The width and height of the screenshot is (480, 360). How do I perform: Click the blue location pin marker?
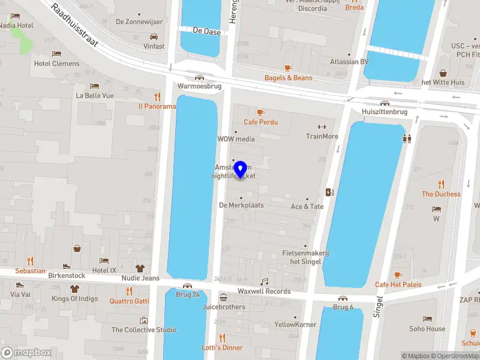(x=241, y=169)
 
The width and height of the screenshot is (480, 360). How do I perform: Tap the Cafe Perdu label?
(x=260, y=122)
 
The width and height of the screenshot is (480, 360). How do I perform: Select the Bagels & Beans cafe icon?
(x=288, y=68)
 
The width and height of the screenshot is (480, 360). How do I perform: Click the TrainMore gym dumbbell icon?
(x=322, y=127)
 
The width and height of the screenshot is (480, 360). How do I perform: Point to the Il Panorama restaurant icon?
(x=158, y=96)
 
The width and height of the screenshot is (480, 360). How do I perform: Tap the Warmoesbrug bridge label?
(x=199, y=86)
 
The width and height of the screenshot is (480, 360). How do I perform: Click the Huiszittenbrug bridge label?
(x=385, y=112)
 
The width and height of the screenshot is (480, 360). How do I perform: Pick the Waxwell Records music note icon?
(x=264, y=281)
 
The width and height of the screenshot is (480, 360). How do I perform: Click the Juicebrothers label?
(x=224, y=307)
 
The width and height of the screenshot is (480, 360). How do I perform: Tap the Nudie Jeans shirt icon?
(x=140, y=268)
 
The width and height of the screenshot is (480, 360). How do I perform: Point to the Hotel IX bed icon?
(x=104, y=261)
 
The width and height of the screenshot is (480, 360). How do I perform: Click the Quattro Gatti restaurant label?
(x=129, y=301)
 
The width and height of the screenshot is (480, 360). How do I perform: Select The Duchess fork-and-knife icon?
(x=442, y=184)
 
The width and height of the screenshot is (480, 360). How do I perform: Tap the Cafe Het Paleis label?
(x=398, y=284)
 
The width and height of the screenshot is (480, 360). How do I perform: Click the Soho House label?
(x=427, y=328)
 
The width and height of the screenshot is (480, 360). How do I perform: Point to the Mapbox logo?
(x=26, y=353)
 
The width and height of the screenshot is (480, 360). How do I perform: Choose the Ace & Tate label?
(x=307, y=206)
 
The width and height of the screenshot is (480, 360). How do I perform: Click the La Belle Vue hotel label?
(x=94, y=95)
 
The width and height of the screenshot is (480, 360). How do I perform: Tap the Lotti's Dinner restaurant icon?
(x=222, y=338)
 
